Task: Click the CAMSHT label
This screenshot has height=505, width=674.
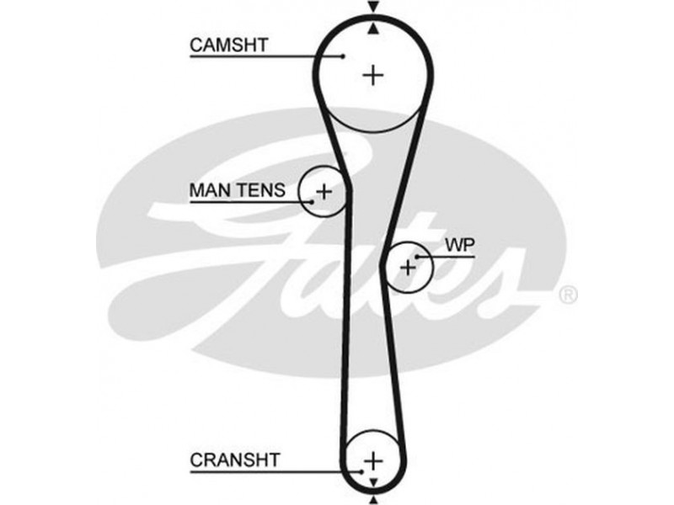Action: pos(230,45)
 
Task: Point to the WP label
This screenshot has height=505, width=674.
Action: pos(460,245)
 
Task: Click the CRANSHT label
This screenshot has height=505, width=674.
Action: pos(234,460)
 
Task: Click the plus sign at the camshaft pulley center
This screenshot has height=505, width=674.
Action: pos(372,75)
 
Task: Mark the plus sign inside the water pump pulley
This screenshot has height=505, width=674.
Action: pos(408,268)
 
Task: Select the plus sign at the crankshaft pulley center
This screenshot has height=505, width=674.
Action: pos(372,461)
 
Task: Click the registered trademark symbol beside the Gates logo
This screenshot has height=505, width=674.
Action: pos(569,295)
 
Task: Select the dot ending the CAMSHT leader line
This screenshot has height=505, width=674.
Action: pos(344,56)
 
